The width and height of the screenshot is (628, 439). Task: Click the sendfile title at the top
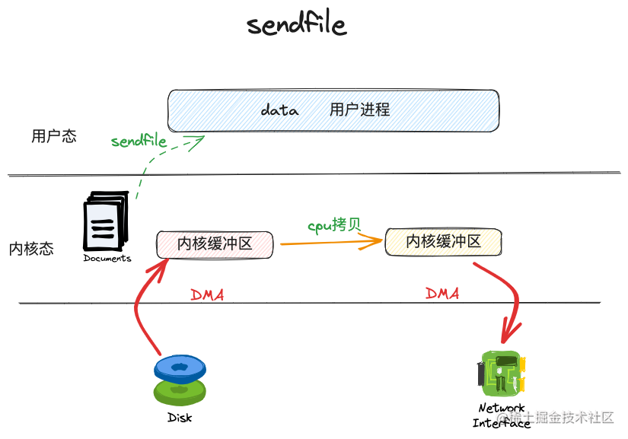pos(297,25)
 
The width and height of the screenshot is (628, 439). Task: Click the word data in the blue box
pos(279,110)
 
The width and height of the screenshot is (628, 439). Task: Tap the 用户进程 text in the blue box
pos(359,110)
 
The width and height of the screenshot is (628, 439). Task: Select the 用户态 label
pos(53,137)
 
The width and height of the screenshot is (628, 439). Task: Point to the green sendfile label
pos(139,141)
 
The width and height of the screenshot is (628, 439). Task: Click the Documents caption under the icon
pos(107,259)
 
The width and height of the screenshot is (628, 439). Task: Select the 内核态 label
pos(31,249)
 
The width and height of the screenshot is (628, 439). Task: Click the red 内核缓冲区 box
pos(215,243)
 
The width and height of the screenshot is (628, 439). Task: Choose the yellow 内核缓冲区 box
pos(443,242)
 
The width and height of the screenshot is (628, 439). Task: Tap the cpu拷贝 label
pos(333,225)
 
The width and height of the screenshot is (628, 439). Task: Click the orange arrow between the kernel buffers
pos(330,243)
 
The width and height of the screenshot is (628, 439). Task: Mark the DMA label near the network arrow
pos(442,293)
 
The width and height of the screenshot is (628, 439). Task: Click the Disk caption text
pos(180,418)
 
